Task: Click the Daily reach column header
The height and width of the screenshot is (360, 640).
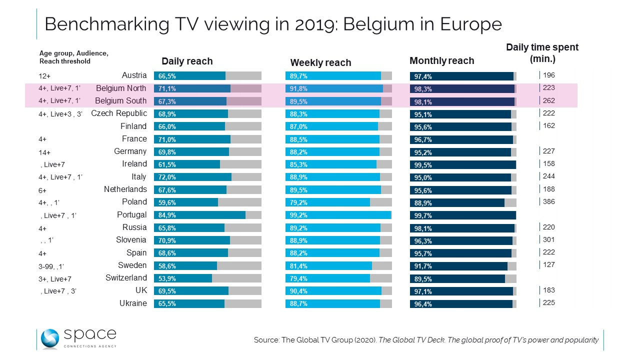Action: click(187, 61)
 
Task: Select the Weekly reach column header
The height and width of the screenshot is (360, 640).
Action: click(320, 62)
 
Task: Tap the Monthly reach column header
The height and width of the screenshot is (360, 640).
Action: click(441, 61)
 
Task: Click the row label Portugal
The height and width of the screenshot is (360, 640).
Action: click(131, 214)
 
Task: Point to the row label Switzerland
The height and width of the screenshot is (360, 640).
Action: click(126, 277)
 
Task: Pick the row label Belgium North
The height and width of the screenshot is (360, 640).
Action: click(121, 88)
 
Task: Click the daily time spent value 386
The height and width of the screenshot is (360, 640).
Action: click(549, 201)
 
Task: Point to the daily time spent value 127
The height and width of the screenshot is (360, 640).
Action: click(549, 264)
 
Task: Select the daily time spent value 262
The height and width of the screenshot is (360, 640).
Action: click(549, 100)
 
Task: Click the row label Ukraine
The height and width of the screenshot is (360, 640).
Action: click(133, 303)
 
